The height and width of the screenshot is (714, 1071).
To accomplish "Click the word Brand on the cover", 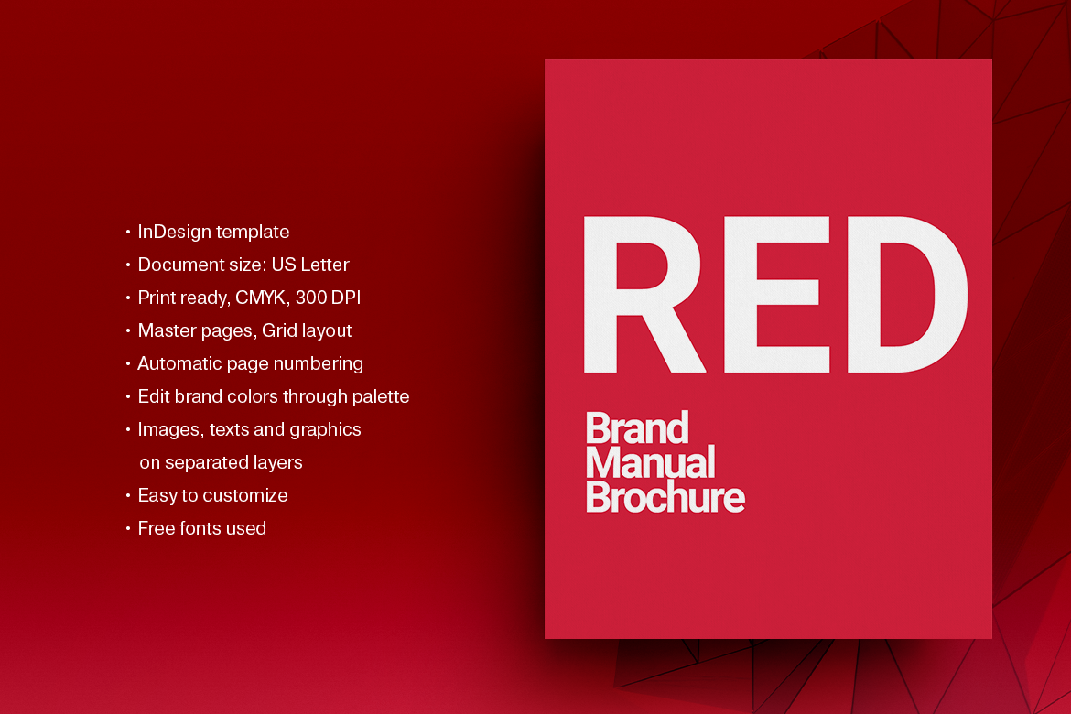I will pos(636,428).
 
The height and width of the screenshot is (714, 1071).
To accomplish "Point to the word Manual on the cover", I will pos(649,463).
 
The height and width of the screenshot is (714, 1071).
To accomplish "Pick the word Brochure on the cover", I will pos(665,498).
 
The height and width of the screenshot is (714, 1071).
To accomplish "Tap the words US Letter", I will pos(310,265).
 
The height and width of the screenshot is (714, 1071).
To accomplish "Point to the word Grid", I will pos(280,330).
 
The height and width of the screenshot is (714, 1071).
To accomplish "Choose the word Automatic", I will pos(175,363).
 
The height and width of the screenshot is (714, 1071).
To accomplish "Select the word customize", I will pos(245,495).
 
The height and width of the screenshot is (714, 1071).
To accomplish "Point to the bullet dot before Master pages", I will pos(128,331).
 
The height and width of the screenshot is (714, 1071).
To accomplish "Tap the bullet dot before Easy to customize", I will pos(128,496).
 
